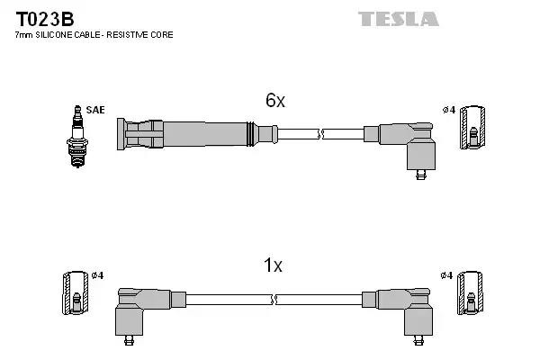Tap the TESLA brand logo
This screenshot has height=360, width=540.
tap(399, 18)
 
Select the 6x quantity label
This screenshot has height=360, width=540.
tap(274, 101)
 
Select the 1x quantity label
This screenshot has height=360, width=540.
tap(273, 265)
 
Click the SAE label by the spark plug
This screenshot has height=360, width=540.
tap(96, 110)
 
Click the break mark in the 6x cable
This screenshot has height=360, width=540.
tap(320, 134)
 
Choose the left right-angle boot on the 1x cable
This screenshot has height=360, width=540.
tap(140, 310)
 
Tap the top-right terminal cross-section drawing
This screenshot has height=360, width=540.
tap(472, 128)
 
